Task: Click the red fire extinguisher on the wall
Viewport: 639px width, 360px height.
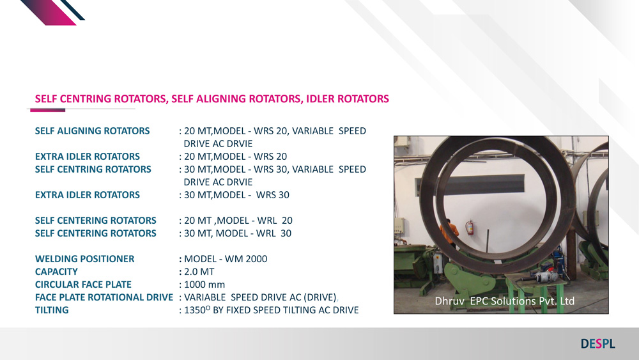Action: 470,227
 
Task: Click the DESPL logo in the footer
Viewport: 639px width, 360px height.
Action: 598,343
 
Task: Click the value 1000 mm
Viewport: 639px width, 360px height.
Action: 204,285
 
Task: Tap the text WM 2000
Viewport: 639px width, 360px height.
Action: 246,259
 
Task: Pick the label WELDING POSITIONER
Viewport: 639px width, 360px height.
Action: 84,259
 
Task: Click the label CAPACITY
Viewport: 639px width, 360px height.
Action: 56,272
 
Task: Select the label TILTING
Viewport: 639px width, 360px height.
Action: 52,310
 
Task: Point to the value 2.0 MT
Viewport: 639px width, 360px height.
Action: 199,272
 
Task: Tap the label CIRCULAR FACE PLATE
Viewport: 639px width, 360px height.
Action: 83,285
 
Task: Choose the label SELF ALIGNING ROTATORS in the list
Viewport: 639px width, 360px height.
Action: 92,131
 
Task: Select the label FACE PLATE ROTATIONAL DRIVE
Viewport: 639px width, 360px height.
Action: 104,297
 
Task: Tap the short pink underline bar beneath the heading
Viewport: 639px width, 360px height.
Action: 48,110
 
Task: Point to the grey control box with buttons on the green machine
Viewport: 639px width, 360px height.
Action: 438,263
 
